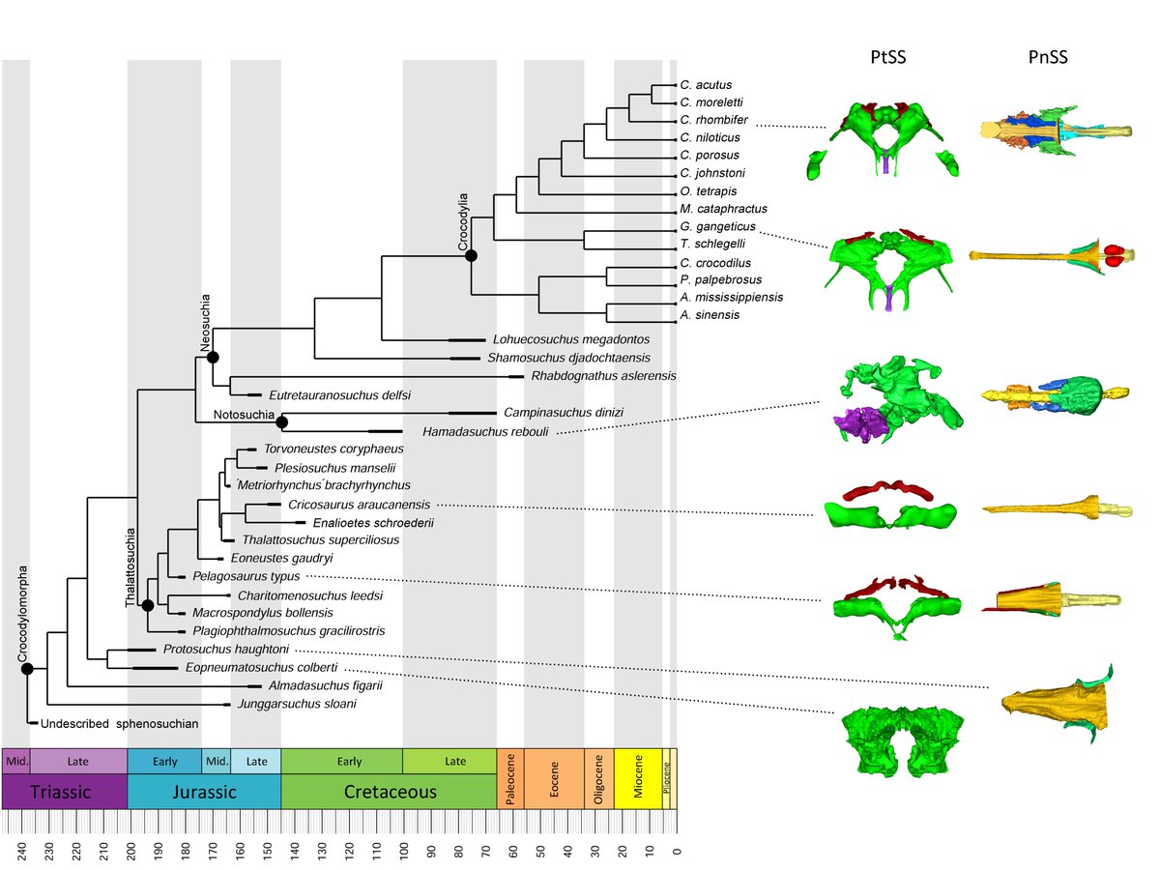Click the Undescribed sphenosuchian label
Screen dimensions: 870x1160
120,723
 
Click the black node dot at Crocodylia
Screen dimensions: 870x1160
471,255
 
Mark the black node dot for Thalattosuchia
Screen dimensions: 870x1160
148,606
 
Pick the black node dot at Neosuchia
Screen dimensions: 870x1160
213,358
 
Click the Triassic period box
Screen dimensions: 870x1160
64,792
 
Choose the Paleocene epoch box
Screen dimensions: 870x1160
509,777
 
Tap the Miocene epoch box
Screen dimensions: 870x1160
637,777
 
